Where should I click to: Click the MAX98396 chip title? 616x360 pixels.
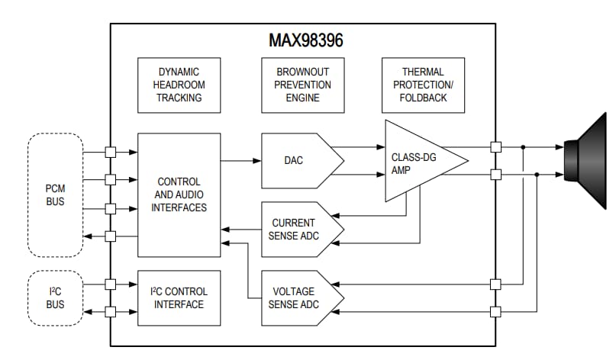pos(305,40)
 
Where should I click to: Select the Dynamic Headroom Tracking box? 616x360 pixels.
pos(179,84)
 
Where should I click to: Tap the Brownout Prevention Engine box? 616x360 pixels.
pos(302,84)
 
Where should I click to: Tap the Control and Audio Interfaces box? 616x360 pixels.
pos(179,194)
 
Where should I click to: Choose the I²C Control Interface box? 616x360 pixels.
pos(179,297)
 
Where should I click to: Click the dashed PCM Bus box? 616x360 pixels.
pos(55,194)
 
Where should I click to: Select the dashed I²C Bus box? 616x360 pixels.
pos(55,297)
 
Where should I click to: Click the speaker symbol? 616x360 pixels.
pos(584,160)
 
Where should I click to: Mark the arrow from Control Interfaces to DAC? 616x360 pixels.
pos(241,160)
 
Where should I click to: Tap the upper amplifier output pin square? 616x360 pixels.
pos(496,146)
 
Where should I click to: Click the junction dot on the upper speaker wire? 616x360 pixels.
pos(523,146)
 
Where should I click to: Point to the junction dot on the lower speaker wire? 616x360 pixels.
pos(537,175)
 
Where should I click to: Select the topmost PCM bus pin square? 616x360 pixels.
pos(111,151)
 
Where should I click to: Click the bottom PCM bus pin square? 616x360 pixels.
pos(111,236)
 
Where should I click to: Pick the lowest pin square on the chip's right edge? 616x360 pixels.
pos(496,311)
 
